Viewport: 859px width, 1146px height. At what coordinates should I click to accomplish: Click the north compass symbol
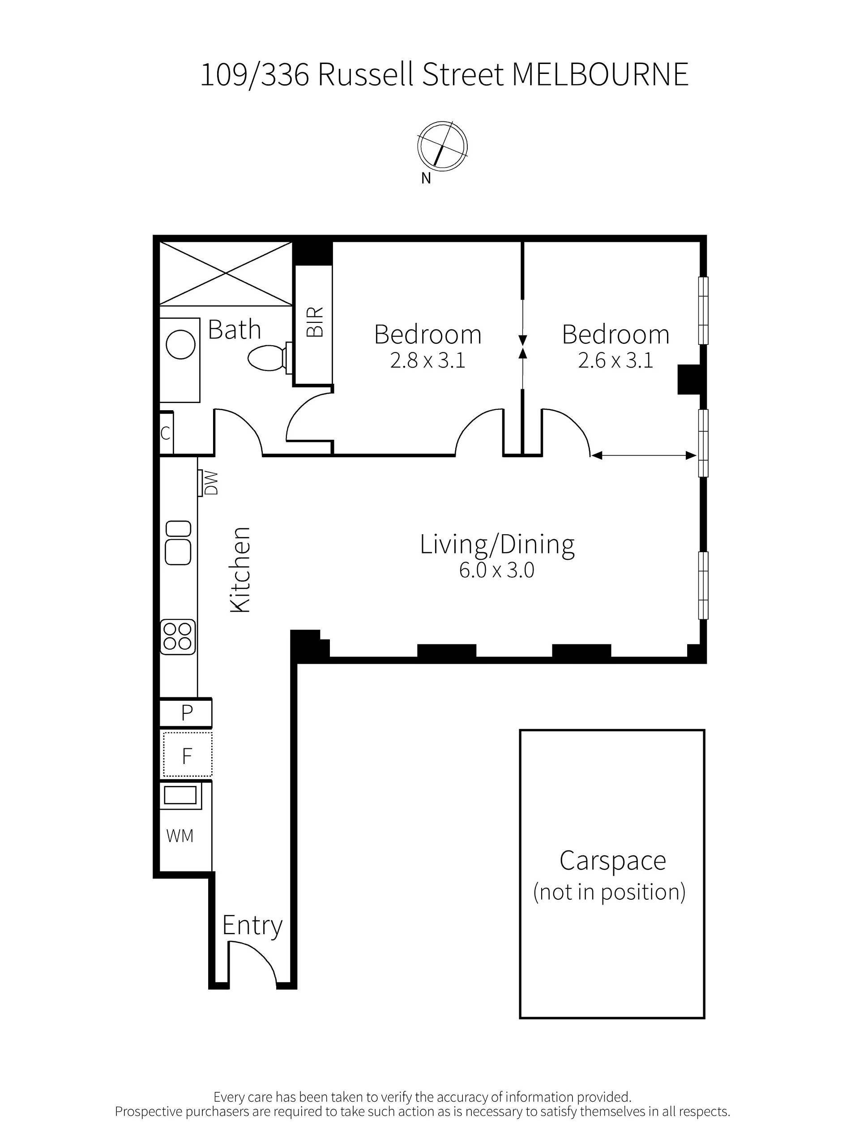[x=442, y=146]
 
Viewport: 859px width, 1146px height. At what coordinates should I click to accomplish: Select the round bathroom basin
[x=180, y=344]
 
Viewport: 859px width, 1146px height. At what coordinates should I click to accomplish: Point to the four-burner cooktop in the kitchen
[x=178, y=637]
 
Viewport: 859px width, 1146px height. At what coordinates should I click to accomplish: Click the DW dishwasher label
[x=211, y=483]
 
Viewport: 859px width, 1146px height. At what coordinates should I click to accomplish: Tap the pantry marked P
[x=186, y=713]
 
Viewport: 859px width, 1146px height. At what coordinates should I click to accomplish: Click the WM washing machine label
[x=179, y=836]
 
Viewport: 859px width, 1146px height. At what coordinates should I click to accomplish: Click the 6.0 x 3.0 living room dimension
[x=496, y=570]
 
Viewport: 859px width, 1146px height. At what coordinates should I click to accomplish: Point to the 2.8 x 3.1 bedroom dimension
[x=427, y=360]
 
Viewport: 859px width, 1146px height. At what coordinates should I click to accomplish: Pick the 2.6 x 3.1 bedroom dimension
[x=615, y=360]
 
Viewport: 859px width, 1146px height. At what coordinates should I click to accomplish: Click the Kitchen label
[x=240, y=570]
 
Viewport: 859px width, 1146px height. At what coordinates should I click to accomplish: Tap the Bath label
[x=234, y=330]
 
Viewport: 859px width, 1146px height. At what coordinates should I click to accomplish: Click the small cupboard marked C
[x=166, y=433]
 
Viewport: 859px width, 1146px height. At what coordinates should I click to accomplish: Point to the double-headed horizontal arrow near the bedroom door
[x=644, y=455]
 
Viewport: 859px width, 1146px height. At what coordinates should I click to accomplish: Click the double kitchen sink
[x=178, y=542]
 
